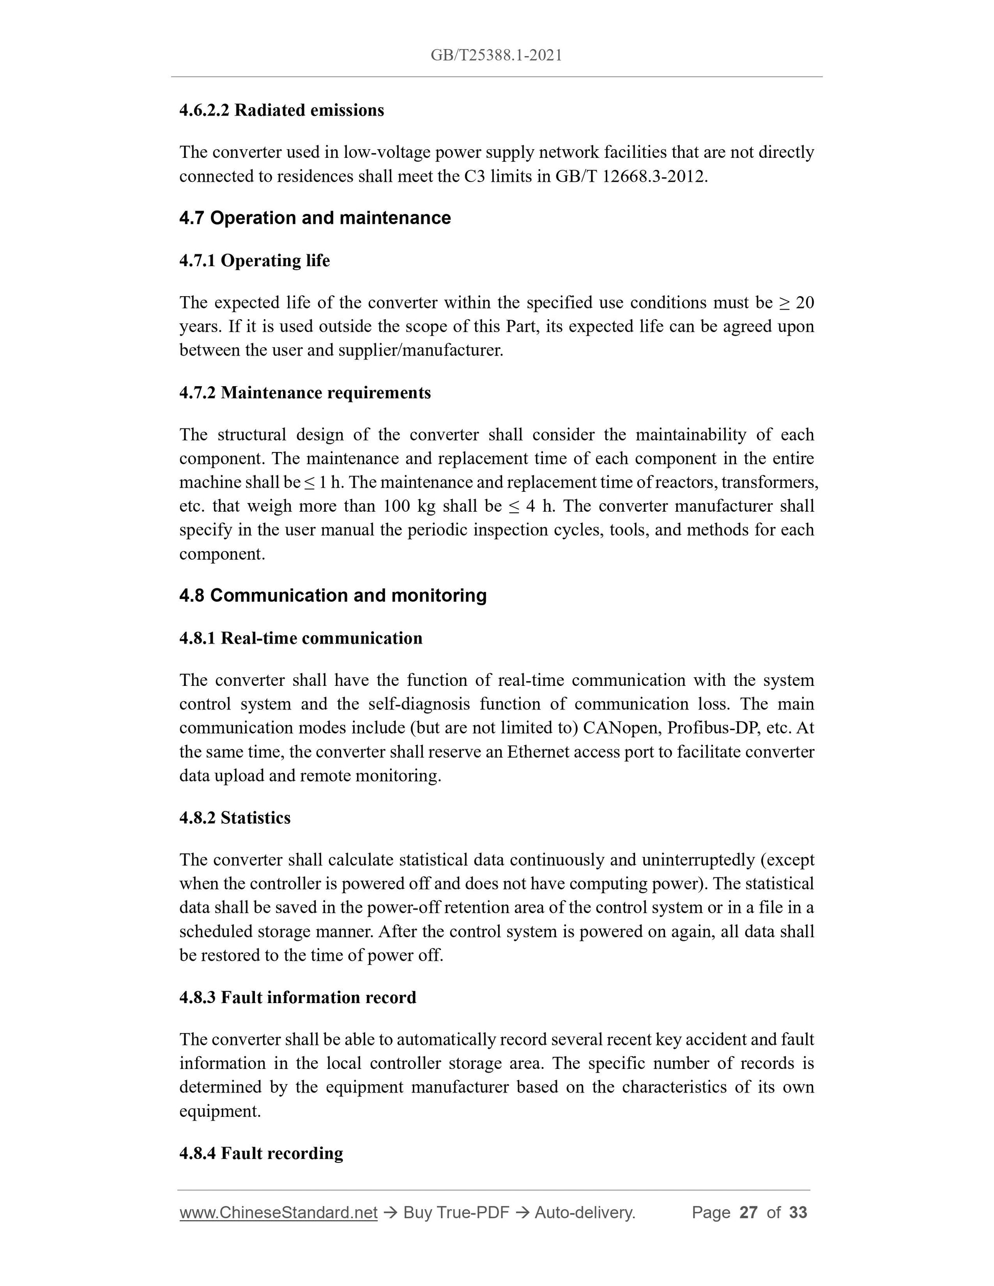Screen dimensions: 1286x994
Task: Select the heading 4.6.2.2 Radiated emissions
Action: click(x=281, y=110)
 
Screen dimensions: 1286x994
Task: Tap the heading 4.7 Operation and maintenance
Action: click(x=315, y=218)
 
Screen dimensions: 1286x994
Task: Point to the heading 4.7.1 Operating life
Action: click(x=254, y=260)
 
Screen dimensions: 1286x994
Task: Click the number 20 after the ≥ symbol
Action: click(x=804, y=303)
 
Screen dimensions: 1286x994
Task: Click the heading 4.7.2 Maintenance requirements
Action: click(x=305, y=393)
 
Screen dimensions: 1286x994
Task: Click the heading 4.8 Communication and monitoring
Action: click(x=333, y=596)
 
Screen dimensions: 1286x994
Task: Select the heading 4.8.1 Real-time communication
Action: click(x=301, y=638)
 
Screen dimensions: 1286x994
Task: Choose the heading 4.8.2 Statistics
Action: click(x=235, y=818)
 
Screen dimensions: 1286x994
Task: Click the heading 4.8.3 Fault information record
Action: click(x=297, y=997)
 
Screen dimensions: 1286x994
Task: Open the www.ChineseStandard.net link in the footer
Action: click(x=278, y=1212)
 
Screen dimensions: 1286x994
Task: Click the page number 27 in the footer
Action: click(x=748, y=1212)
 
